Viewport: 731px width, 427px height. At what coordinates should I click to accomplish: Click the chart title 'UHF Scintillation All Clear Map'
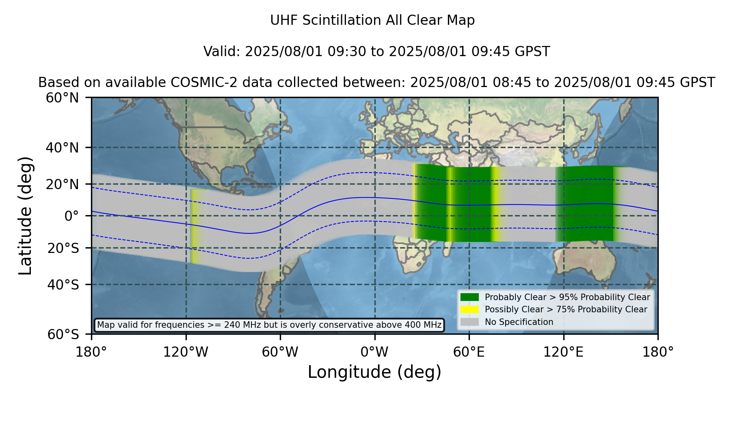[372, 20]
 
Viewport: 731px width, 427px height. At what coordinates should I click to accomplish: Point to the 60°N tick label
[62, 98]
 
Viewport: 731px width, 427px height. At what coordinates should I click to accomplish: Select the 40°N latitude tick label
[62, 148]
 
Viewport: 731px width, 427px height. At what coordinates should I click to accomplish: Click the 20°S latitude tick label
[63, 248]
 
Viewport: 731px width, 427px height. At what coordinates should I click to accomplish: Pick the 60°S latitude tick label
[63, 334]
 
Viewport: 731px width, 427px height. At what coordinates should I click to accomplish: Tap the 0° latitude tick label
[71, 216]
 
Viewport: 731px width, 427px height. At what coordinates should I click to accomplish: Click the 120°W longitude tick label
[186, 352]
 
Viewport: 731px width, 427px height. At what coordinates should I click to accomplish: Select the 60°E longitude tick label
[469, 352]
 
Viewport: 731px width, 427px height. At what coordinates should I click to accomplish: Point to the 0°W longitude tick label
[374, 352]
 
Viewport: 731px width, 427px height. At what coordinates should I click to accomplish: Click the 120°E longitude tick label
[563, 352]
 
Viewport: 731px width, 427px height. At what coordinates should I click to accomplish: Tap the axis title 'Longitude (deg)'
[374, 372]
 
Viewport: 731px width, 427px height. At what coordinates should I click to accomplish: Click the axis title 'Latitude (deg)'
[26, 216]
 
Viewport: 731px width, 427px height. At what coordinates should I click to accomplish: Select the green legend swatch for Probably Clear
[470, 297]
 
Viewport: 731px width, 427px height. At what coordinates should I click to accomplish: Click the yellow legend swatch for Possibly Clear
[470, 309]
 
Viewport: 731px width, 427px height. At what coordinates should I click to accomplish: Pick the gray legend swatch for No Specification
[470, 322]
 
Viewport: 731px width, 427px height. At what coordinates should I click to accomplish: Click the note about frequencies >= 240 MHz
[269, 325]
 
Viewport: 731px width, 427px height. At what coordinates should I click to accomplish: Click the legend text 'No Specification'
[519, 322]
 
